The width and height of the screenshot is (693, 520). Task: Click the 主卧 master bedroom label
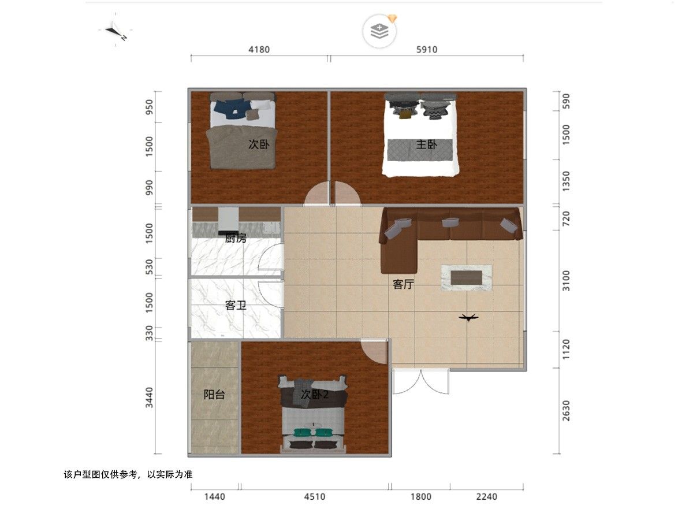(x=426, y=144)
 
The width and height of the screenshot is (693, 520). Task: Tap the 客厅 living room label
(x=403, y=284)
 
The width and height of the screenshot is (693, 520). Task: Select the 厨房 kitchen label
(x=236, y=238)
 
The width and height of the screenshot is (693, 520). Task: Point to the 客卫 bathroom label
(x=236, y=305)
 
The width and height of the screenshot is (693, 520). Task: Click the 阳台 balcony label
(x=214, y=395)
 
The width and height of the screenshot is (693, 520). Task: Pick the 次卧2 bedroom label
(x=315, y=395)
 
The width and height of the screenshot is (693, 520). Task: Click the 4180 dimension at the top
(x=259, y=50)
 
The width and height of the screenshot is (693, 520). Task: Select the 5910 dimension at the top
(x=427, y=50)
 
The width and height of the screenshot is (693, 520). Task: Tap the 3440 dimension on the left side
(x=149, y=398)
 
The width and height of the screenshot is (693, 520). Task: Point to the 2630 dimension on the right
(x=566, y=410)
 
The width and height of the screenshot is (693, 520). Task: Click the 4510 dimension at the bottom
(x=315, y=497)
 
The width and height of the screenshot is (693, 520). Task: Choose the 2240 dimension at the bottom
(x=486, y=497)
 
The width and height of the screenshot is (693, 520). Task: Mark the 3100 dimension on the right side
(x=566, y=281)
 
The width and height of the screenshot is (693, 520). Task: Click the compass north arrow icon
(x=115, y=31)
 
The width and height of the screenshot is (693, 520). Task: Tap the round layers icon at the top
(x=379, y=31)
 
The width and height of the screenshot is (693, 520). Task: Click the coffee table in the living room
(x=466, y=278)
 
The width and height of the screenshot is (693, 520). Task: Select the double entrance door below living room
(x=420, y=381)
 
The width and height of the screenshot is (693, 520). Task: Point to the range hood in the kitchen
(x=228, y=221)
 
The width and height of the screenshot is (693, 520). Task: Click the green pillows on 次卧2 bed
(x=314, y=432)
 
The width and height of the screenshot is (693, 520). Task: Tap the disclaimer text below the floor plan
(x=128, y=474)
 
